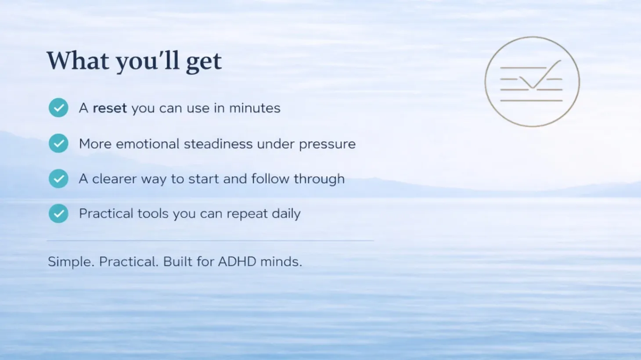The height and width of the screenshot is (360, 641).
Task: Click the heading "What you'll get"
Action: tap(134, 61)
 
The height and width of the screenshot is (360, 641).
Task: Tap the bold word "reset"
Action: tap(110, 108)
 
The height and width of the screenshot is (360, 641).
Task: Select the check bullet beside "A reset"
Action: tap(58, 108)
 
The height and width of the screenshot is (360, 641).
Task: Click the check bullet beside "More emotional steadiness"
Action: tap(58, 143)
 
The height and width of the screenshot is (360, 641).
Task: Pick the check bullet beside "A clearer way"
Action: tap(58, 179)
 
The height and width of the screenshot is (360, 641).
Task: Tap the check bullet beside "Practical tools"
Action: tap(58, 213)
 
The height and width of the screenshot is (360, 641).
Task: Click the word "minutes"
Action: tap(255, 108)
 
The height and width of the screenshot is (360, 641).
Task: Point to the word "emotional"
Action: tap(148, 144)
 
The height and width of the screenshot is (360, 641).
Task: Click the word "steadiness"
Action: tap(218, 144)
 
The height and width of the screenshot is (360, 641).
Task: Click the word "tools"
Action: tap(153, 213)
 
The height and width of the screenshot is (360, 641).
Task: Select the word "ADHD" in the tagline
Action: tap(237, 262)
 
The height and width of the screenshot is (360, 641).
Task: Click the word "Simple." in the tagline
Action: tap(71, 262)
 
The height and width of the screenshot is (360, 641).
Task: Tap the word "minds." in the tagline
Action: tap(281, 262)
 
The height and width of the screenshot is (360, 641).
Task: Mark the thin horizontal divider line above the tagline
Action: tap(210, 241)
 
